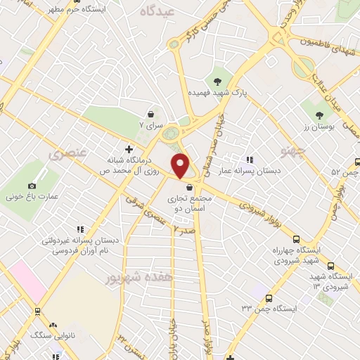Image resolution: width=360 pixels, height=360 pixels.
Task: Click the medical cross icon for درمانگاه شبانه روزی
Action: tap(128, 149)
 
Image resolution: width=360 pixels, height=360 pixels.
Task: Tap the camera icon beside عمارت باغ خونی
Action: tap(32, 186)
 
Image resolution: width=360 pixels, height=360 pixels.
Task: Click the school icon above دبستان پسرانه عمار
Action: tap(248, 160)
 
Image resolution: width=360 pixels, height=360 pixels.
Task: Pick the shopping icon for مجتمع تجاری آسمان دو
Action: tap(189, 187)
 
